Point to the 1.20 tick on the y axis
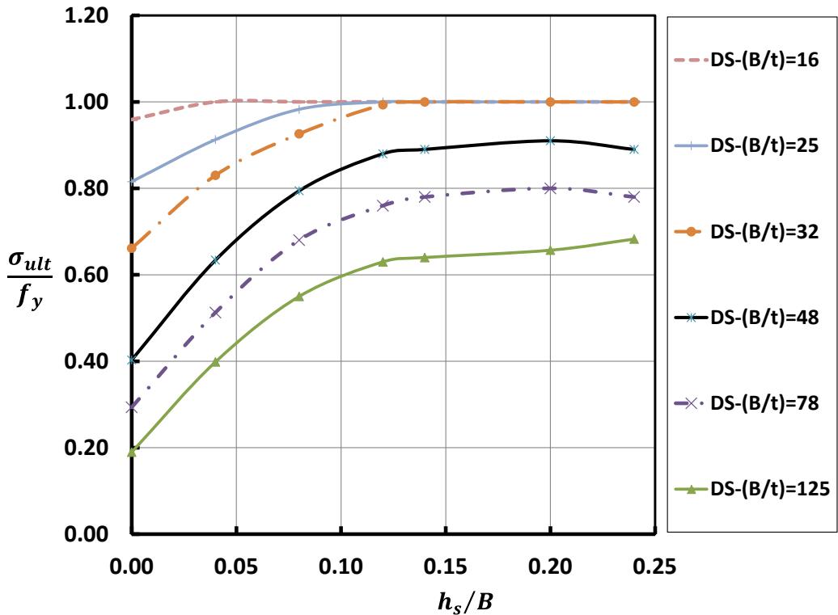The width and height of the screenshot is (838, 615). coord(84,16)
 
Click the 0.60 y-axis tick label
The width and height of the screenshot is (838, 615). coord(84,276)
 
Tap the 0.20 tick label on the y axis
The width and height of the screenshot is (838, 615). coord(84,449)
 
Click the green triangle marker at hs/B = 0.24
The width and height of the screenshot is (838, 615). coord(633,239)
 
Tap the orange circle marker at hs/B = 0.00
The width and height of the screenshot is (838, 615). coord(132,248)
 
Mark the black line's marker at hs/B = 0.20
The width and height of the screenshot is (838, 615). coord(550,141)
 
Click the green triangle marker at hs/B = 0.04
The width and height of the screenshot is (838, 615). coord(215,362)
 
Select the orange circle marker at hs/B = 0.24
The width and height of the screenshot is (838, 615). coord(633,102)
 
